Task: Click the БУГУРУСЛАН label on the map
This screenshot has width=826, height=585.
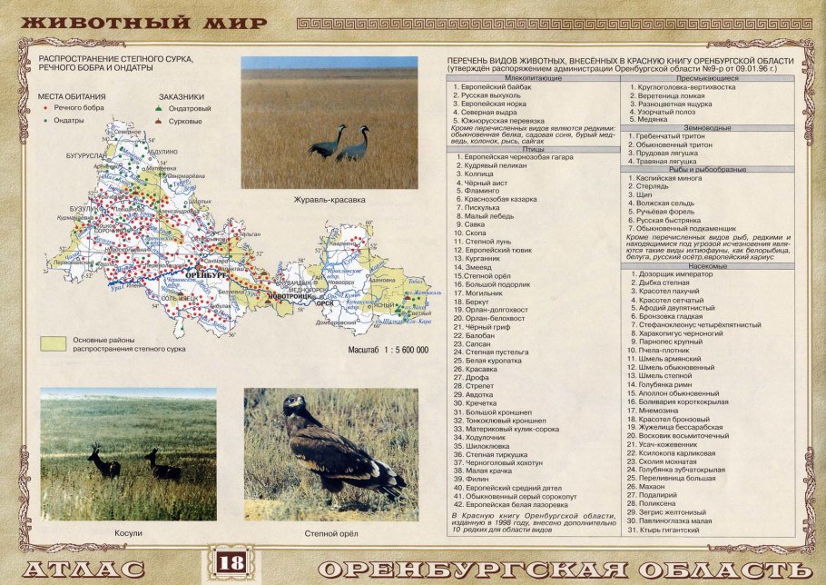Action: tap(87, 156)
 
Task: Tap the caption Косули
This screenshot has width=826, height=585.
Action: tap(128, 533)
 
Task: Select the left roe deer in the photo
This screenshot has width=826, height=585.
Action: tap(103, 462)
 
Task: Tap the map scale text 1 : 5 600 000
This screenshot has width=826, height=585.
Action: tap(388, 349)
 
